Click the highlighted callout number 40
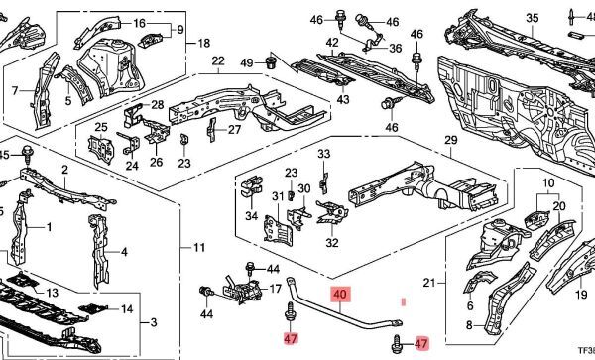click(x=340, y=294)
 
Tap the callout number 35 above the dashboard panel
click(x=532, y=18)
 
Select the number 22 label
click(x=218, y=60)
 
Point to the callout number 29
click(x=451, y=140)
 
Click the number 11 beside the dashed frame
click(x=199, y=248)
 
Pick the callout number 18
click(x=203, y=43)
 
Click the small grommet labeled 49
click(x=271, y=63)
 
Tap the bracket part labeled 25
click(x=101, y=149)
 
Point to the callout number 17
click(x=276, y=289)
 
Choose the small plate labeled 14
click(x=93, y=308)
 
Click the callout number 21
click(x=429, y=283)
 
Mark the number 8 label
click(x=469, y=325)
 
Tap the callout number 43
click(x=343, y=99)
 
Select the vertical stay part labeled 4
click(x=98, y=250)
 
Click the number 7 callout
click(x=15, y=91)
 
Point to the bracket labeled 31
click(x=278, y=229)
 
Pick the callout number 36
click(x=395, y=49)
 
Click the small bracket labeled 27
click(x=212, y=129)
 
